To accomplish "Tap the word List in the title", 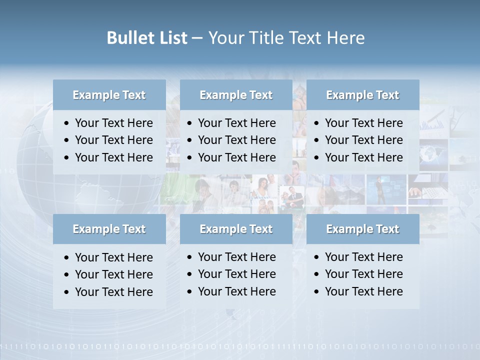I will (171, 37).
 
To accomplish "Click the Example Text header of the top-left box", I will (109, 95).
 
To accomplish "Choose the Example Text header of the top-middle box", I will (236, 95).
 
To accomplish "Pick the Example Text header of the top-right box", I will (362, 95).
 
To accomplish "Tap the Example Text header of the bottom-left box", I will (109, 229).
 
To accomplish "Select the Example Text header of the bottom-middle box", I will (236, 229).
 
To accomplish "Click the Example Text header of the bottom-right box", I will (362, 229).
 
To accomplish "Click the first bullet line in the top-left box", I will (113, 123).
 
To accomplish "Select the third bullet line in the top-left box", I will (113, 157).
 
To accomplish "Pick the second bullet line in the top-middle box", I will (236, 140).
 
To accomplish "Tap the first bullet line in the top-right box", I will (363, 123).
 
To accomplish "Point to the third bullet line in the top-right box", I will (363, 157).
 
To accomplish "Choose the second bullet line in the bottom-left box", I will (113, 274).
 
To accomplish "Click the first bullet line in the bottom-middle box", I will (236, 257).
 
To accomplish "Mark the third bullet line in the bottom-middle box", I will (236, 291).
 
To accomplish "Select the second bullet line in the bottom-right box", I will (363, 274).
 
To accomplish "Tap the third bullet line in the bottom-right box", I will (363, 291).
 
